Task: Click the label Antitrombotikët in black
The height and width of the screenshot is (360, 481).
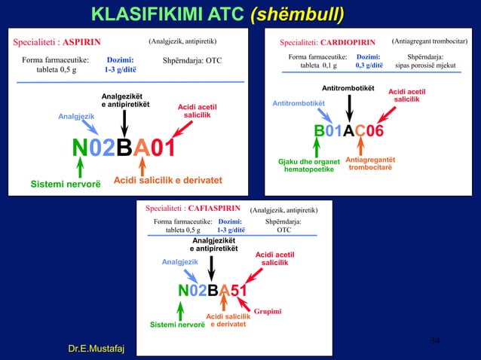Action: (x=348, y=89)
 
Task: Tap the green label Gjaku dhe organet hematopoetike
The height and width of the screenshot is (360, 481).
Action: (x=309, y=165)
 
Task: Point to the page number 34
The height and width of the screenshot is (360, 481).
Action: (x=435, y=342)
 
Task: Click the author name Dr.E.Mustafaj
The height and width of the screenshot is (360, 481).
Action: (x=97, y=348)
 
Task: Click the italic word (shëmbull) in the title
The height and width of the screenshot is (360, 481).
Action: (x=297, y=14)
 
